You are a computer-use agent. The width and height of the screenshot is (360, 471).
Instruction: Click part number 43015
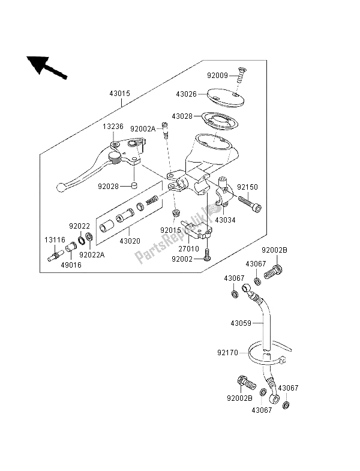point(120,94)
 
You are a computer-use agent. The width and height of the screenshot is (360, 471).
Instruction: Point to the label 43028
point(187,116)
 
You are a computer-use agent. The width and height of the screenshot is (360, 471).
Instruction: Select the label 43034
point(226,221)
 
